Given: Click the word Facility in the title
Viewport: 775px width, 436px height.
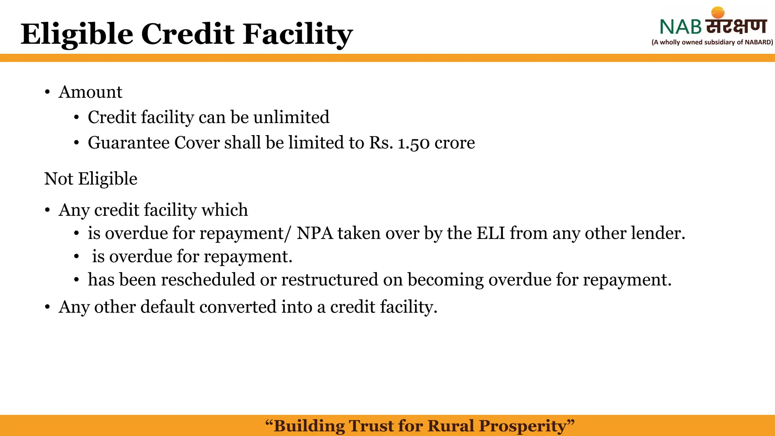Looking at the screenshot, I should coord(298,34).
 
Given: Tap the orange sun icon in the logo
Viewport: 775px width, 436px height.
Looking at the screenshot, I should coord(717,13).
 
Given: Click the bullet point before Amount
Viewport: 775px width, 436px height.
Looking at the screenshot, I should coord(47,92).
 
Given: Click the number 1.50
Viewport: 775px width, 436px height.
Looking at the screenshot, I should coord(414,143).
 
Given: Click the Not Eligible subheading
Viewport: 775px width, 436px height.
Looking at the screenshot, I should coord(91,179).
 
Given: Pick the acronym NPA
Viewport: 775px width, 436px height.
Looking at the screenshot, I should coord(315,233).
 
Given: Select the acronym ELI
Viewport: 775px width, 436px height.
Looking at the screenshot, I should coord(491,233).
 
